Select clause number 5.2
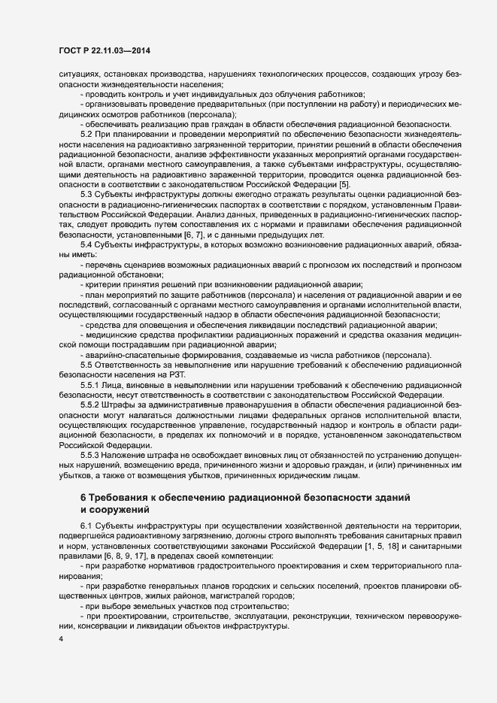[x=86, y=134]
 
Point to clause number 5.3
[x=86, y=193]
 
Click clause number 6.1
[x=86, y=524]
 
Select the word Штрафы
[x=120, y=404]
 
